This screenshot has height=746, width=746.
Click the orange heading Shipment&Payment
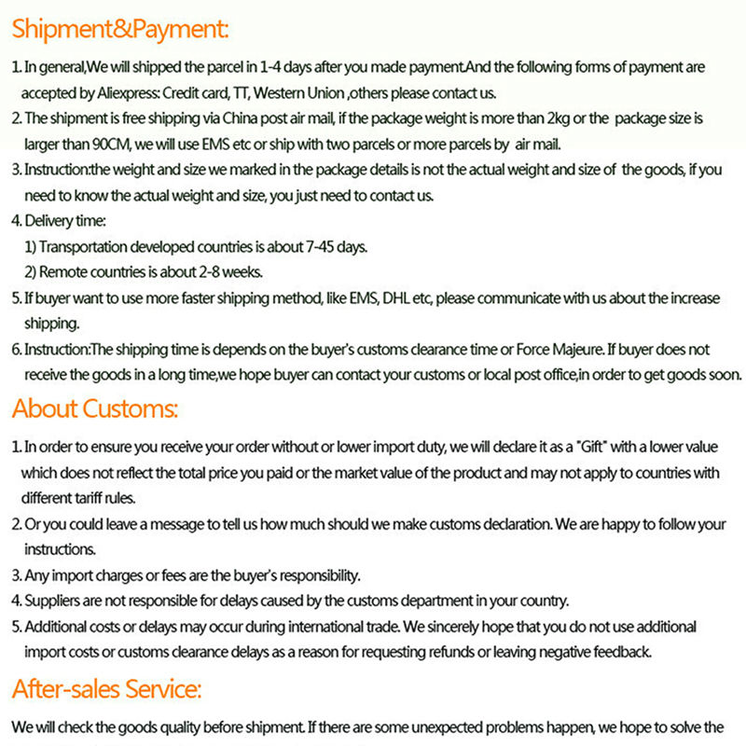[120, 29]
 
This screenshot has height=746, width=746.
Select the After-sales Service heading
[106, 690]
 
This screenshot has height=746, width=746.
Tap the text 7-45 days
[337, 247]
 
